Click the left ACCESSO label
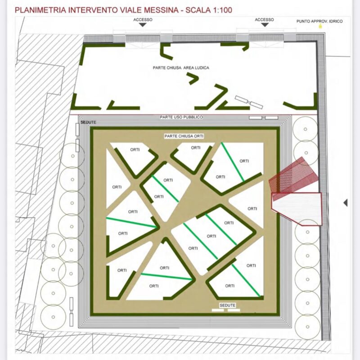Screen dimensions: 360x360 [x=143, y=20]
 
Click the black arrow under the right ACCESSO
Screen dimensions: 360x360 [x=265, y=25]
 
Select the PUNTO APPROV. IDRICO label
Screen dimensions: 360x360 [x=319, y=21]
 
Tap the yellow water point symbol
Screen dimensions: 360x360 [x=320, y=26]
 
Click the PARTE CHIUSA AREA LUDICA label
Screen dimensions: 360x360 [x=181, y=68]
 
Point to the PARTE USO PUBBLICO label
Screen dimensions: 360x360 [x=181, y=117]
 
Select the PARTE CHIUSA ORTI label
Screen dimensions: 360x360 [x=184, y=136]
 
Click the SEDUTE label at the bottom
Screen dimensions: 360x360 [x=227, y=305]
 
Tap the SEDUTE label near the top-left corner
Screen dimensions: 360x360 [x=88, y=122]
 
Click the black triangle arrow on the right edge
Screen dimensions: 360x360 [x=345, y=202]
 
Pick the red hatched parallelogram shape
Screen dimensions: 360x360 [x=294, y=175]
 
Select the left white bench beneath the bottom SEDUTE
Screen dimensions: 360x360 [x=218, y=310]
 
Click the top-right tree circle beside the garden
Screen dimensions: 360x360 [x=306, y=129]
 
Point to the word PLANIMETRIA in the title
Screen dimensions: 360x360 [x=40, y=10]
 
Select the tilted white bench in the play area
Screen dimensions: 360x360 [x=249, y=102]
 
